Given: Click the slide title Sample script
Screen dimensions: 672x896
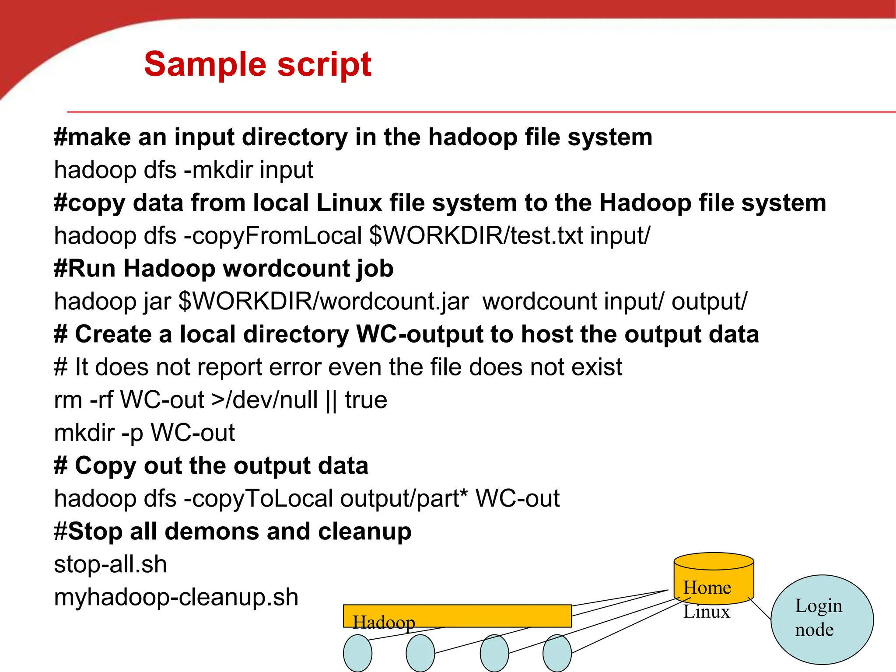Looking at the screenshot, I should coord(258,64).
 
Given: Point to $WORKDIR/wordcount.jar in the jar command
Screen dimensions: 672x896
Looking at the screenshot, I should coord(324,301).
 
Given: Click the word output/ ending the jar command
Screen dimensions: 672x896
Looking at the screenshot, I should coord(709,301).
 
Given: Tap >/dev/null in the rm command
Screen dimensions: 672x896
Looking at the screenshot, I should coord(264,400).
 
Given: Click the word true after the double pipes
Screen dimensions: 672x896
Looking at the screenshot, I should coord(366,400).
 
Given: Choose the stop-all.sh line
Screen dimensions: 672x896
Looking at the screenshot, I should coord(110,564).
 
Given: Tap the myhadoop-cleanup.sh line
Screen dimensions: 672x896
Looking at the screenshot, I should coord(176,597).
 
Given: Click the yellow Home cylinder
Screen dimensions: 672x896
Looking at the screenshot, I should coord(714,577).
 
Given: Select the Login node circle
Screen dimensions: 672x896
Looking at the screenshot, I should coord(822,619).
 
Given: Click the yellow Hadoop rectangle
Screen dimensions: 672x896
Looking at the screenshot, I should coord(457,616).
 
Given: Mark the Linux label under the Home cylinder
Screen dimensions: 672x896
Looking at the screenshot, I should coord(707,612).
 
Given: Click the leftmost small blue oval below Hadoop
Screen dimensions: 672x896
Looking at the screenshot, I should coord(357,653).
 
